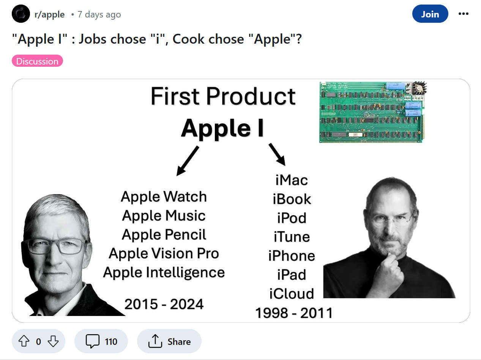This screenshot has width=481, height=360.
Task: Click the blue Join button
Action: (430, 14)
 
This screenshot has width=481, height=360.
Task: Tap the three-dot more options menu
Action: (463, 14)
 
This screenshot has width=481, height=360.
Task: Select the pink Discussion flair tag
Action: (37, 61)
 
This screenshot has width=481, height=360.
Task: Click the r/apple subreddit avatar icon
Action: (21, 14)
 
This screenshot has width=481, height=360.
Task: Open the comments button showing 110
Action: (101, 341)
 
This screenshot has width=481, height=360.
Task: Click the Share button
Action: (169, 341)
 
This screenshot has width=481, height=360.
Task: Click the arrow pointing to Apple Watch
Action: (188, 161)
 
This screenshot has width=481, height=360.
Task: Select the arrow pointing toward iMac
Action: (277, 153)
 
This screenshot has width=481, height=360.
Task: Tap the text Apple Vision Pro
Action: (164, 253)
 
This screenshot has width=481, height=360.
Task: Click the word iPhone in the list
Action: (292, 256)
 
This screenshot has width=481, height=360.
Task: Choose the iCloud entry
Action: (292, 294)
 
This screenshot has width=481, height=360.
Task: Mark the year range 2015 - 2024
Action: (164, 304)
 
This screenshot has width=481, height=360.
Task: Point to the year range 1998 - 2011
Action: (294, 313)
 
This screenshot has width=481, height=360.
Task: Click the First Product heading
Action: (223, 96)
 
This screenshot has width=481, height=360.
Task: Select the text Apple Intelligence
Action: (164, 272)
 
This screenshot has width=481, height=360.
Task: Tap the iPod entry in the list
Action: (292, 218)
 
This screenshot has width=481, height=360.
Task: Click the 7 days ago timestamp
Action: (99, 15)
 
